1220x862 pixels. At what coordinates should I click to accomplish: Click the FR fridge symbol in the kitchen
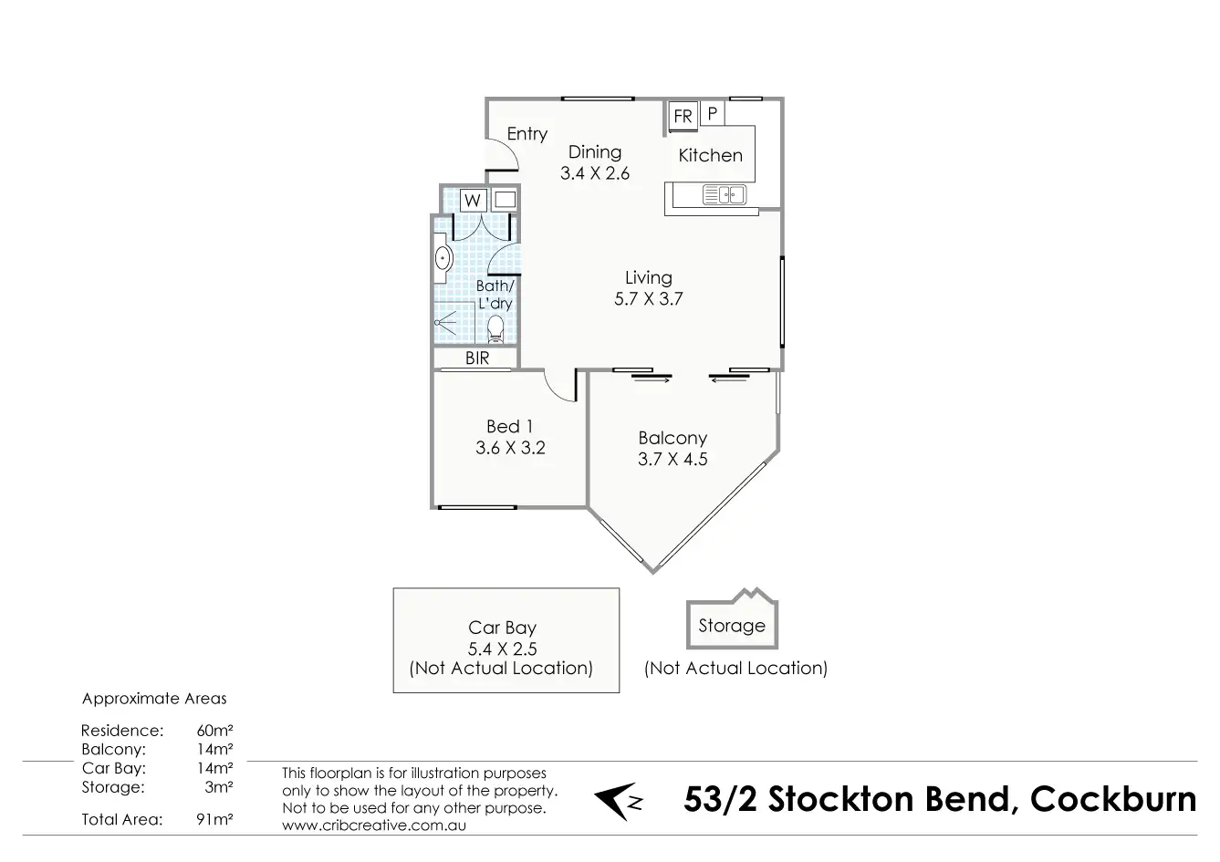pyautogui.click(x=683, y=116)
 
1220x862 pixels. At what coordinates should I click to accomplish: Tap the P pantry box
pyautogui.click(x=713, y=114)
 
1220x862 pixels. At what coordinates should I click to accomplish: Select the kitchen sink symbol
pyautogui.click(x=725, y=194)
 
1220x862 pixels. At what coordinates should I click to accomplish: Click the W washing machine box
pyautogui.click(x=473, y=200)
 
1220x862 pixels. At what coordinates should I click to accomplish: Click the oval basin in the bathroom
pyautogui.click(x=442, y=259)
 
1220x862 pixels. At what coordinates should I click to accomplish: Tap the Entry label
pyautogui.click(x=527, y=134)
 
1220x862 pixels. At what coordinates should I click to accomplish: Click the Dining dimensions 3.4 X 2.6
pyautogui.click(x=595, y=173)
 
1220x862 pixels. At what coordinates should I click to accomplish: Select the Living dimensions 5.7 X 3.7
pyautogui.click(x=648, y=298)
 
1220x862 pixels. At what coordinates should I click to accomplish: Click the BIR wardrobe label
pyautogui.click(x=477, y=358)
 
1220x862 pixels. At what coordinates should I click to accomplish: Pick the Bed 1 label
pyautogui.click(x=509, y=426)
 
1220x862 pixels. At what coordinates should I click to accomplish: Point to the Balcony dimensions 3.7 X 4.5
pyautogui.click(x=673, y=459)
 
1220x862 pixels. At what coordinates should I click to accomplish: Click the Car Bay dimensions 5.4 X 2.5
pyautogui.click(x=502, y=649)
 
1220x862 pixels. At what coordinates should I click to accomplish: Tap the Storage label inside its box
pyautogui.click(x=732, y=626)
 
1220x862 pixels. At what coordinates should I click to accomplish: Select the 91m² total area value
pyautogui.click(x=214, y=819)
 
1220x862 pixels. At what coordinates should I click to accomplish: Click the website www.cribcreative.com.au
pyautogui.click(x=374, y=825)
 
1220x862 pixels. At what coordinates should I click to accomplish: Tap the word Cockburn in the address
pyautogui.click(x=1113, y=799)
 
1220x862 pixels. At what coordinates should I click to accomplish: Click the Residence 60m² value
pyautogui.click(x=214, y=731)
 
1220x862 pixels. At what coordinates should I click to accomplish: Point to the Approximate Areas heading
pyautogui.click(x=154, y=699)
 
